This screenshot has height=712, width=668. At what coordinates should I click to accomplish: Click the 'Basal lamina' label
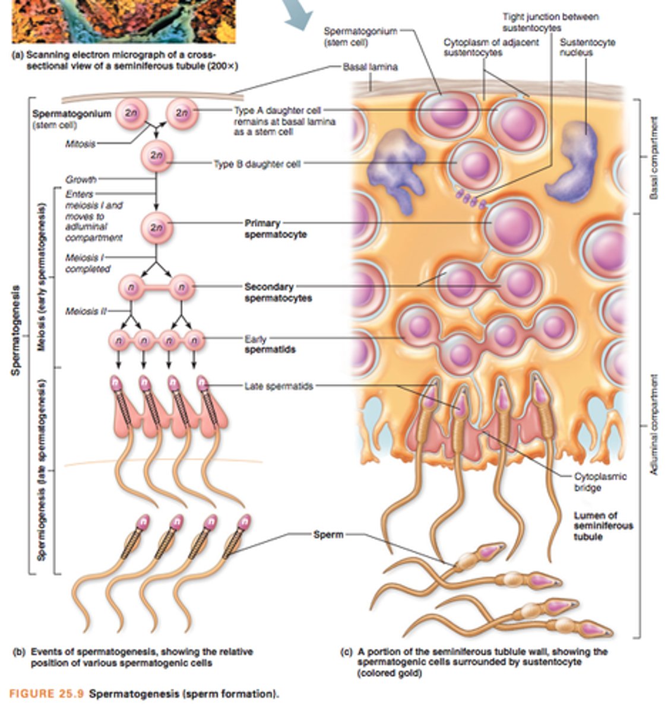pos(370,67)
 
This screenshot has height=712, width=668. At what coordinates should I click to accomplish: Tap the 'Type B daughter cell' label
pos(257,164)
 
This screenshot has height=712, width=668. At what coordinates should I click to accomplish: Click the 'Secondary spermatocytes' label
pos(278,293)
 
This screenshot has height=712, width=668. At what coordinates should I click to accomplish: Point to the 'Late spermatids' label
pos(278,386)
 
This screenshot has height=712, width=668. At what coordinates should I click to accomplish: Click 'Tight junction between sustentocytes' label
pos(550,22)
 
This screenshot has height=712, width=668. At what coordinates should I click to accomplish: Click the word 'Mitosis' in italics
pos(80,144)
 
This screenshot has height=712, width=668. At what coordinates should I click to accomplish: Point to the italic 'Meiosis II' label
pos(82,311)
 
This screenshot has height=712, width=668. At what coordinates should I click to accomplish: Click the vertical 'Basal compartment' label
pos(654,158)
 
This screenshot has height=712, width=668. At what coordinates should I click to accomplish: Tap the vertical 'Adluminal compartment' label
pos(654,424)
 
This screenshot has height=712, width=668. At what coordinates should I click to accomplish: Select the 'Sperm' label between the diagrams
pos(328,535)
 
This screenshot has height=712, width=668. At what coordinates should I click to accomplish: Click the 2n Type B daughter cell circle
pos(156,155)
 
